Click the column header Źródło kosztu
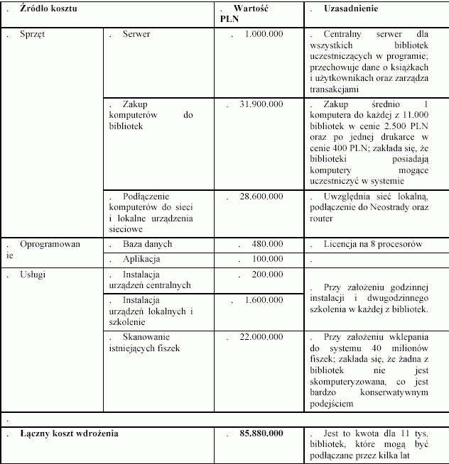click(49, 9)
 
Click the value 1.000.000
click(265, 33)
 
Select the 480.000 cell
click(268, 244)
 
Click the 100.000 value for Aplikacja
click(268, 259)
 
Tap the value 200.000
click(268, 274)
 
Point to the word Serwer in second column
click(136, 33)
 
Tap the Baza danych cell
click(147, 244)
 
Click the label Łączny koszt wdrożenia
click(70, 433)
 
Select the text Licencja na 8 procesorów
click(373, 244)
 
